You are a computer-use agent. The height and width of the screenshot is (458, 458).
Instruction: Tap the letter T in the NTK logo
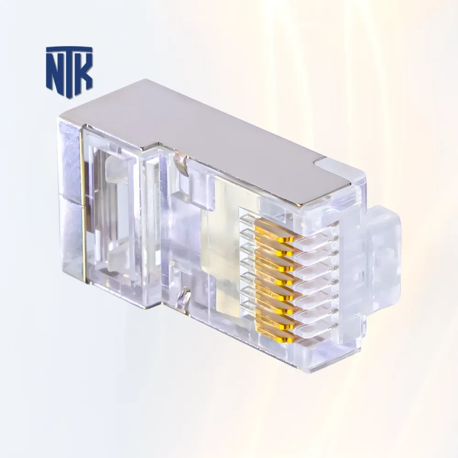pos(70,70)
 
